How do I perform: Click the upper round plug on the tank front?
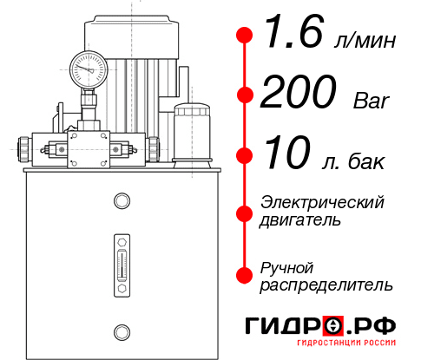point(121,201)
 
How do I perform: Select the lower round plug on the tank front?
point(121,331)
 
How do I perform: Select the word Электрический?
point(322,202)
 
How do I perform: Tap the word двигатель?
point(300,220)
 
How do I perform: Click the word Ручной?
point(286,266)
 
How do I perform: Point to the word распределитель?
point(326,285)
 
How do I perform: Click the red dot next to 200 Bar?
point(245,95)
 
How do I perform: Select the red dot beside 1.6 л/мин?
point(245,36)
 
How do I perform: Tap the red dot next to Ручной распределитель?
point(245,274)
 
